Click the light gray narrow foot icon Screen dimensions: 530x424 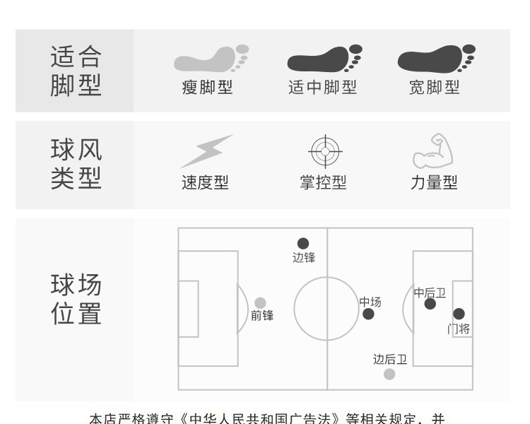[211, 59]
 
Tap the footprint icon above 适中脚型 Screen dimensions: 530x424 [324, 59]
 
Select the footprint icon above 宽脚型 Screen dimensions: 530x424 [435, 59]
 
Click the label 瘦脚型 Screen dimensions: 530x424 [207, 88]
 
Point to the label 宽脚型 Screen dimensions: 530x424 [435, 88]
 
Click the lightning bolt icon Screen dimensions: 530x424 [206, 151]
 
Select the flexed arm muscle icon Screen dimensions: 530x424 [432, 151]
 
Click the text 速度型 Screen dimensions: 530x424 [206, 182]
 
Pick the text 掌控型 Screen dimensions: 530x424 [324, 182]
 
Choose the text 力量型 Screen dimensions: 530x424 [435, 182]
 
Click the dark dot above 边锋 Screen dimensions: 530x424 [303, 244]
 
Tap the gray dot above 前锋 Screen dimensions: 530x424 [260, 303]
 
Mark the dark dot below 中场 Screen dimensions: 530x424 [368, 314]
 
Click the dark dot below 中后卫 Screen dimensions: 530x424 [430, 304]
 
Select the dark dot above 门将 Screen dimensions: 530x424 [459, 314]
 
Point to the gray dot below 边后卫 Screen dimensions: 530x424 [389, 374]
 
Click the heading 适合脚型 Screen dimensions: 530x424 [76, 71]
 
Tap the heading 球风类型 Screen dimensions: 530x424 [76, 164]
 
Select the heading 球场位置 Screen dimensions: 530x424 [76, 299]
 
